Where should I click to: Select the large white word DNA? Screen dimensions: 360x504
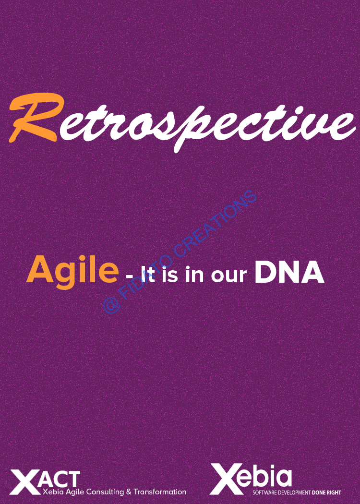pyautogui.click(x=289, y=271)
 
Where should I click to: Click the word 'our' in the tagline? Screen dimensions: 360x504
pyautogui.click(x=229, y=276)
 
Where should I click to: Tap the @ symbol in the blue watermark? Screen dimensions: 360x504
pyautogui.click(x=112, y=304)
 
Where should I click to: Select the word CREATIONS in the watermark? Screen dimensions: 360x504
pyautogui.click(x=211, y=225)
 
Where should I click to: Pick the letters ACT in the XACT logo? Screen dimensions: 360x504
pyautogui.click(x=61, y=480)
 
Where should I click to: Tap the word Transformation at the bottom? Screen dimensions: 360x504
pyautogui.click(x=160, y=492)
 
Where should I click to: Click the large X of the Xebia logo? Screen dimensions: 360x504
pyautogui.click(x=226, y=479)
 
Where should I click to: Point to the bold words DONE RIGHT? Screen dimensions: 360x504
pyautogui.click(x=326, y=492)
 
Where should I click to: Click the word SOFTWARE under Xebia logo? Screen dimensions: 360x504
pyautogui.click(x=263, y=492)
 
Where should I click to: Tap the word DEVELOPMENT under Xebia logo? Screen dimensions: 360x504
pyautogui.click(x=293, y=492)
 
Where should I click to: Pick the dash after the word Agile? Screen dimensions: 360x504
pyautogui.click(x=130, y=276)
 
